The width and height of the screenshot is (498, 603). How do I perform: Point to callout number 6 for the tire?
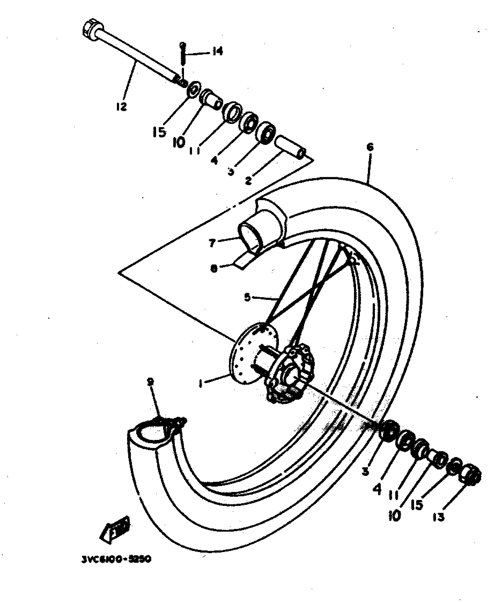pos(370,147)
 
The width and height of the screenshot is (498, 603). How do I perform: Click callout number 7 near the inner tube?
pos(212,243)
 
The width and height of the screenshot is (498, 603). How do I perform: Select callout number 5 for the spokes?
pos(248,298)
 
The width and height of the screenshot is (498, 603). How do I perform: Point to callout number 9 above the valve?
pos(150,382)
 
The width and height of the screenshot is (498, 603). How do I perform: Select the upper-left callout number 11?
pos(194,150)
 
